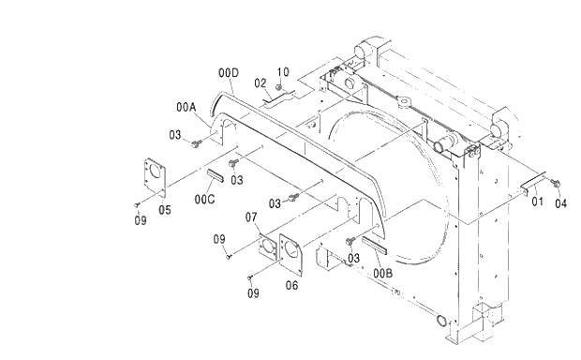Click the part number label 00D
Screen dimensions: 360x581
click(229, 73)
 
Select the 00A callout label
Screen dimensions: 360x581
click(186, 107)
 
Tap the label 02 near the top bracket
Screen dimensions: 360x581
click(261, 82)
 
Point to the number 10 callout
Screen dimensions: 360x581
click(284, 71)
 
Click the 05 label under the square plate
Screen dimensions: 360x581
click(164, 209)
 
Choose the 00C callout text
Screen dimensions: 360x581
click(205, 199)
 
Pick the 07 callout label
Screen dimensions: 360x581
click(252, 218)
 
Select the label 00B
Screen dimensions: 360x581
click(381, 272)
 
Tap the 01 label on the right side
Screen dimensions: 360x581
click(537, 201)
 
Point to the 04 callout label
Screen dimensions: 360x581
click(560, 202)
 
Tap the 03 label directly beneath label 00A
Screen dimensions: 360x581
click(175, 135)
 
